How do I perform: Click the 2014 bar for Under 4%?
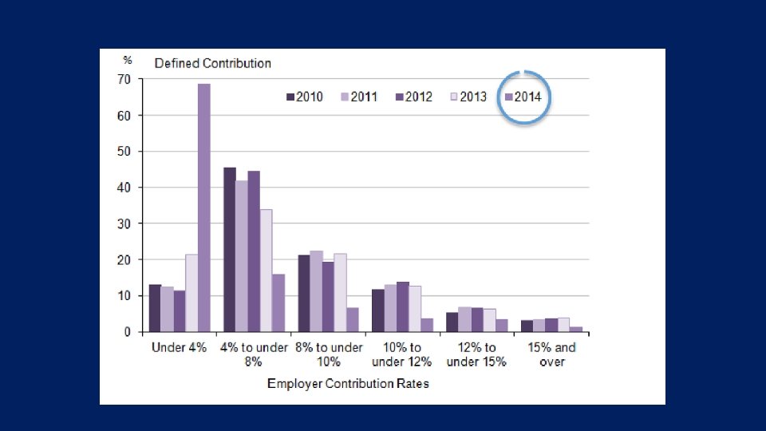pos(204,208)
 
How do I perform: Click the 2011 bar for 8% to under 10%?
pos(316,291)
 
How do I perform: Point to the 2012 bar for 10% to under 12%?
pos(402,306)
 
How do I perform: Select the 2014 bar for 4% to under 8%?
pos(278,302)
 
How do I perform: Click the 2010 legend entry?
pos(304,97)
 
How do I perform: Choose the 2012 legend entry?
pos(413,97)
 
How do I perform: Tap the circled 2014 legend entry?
pos(523,97)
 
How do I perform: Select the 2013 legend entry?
pos(468,97)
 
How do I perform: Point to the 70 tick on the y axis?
pos(124,79)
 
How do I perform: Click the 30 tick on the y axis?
pos(124,223)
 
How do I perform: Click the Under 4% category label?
pos(180,348)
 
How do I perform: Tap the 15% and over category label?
pos(551,354)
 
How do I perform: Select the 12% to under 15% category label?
pos(477,354)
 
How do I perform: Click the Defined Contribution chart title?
pos(212,63)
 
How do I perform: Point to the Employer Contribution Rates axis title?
pos(348,384)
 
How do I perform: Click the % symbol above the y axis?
pos(127,60)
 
